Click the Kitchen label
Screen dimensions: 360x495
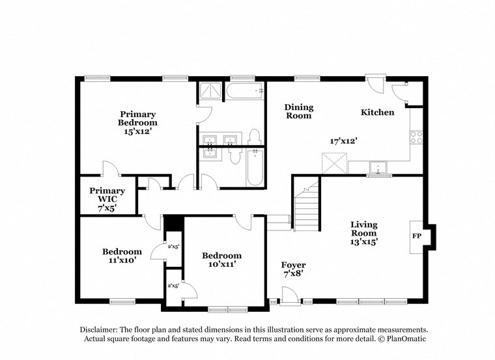pos(377,112)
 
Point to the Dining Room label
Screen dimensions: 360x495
pos(298,111)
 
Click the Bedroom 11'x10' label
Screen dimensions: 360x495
pos(121,256)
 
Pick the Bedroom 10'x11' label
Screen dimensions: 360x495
pos(221,260)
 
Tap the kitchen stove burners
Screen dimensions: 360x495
pos(415,137)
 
